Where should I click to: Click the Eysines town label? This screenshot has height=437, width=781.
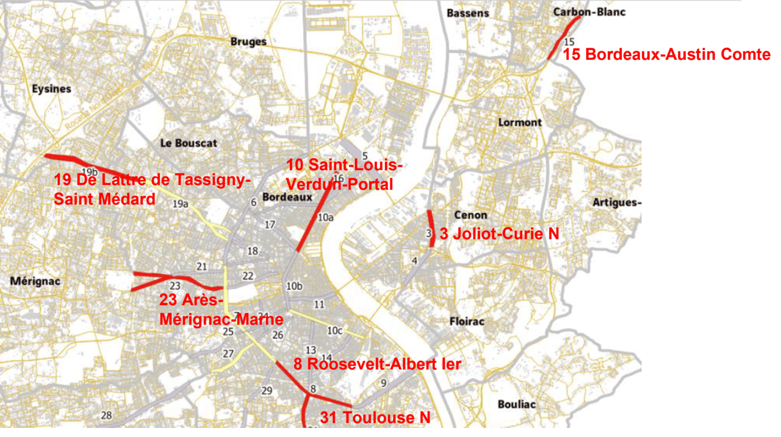point(51,89)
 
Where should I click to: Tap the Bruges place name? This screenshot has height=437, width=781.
point(248,42)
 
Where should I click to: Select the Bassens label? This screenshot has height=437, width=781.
point(467,13)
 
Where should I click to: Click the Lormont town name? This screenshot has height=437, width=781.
point(520,122)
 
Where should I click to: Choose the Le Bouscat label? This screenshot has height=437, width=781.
point(189,143)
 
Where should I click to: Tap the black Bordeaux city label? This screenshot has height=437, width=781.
point(287,197)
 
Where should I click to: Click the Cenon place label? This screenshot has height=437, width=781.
point(470,215)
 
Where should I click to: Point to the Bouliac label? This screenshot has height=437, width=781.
point(516,404)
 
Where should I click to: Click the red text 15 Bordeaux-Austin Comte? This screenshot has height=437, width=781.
point(666,54)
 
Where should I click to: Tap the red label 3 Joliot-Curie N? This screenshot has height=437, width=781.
point(499,233)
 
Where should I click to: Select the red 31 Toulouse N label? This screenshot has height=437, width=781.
point(375,418)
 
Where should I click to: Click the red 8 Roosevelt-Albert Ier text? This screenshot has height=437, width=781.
point(376,364)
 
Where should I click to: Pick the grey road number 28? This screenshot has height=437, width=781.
point(106,416)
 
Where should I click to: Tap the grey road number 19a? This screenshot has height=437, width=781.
point(180,204)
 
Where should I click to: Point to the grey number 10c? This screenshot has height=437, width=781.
point(334,331)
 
